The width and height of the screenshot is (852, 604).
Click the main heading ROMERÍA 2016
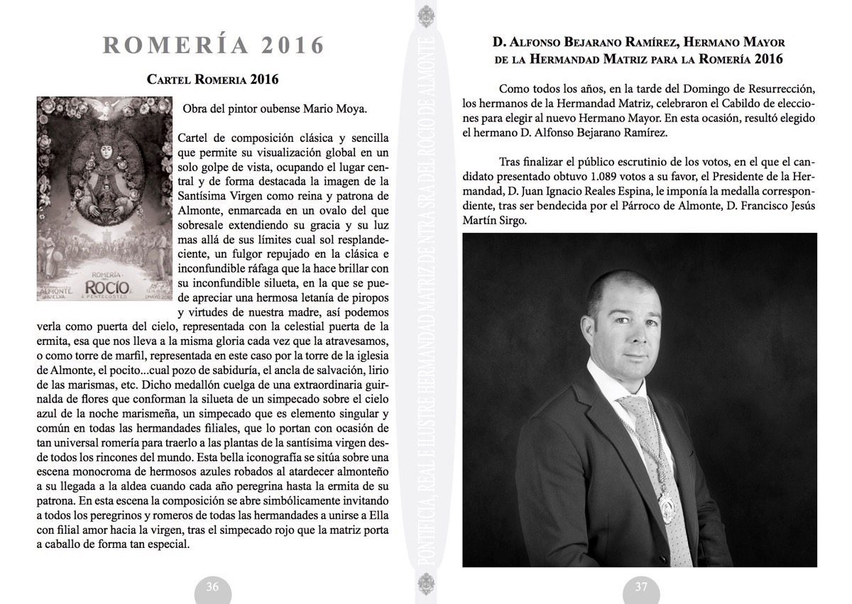214,45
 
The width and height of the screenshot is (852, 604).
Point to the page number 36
212,587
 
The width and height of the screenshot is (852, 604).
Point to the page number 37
641,587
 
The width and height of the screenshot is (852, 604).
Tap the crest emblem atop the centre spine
427,13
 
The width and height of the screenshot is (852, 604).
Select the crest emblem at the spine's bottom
427,590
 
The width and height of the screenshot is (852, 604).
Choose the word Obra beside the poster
196,110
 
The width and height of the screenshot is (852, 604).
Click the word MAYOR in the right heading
760,43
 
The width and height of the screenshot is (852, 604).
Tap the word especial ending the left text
168,545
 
